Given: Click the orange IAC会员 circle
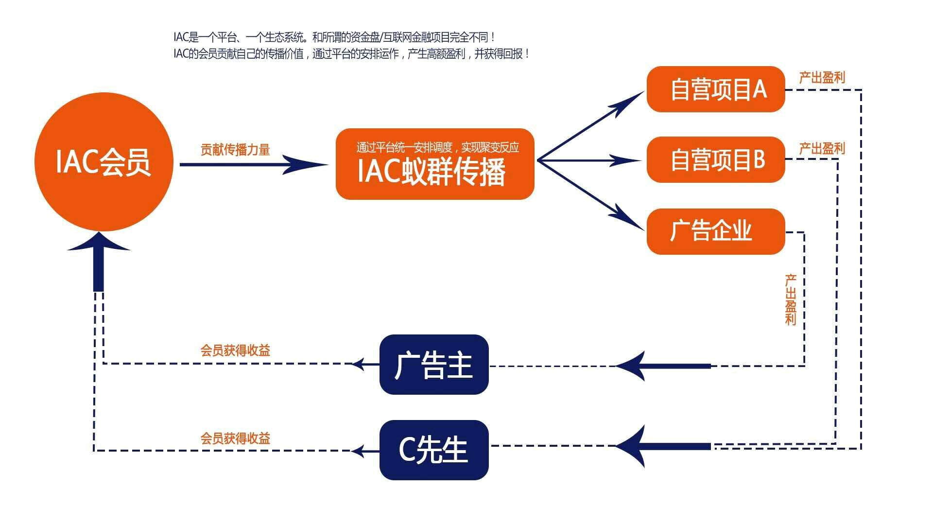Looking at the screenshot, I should (x=104, y=161).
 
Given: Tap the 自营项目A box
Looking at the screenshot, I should (x=716, y=89).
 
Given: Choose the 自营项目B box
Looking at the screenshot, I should (x=716, y=160).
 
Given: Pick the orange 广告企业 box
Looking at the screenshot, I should (x=716, y=231).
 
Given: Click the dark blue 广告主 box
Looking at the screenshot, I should (x=433, y=365).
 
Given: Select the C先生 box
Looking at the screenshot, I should (x=433, y=450).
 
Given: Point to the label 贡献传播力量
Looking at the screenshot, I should (x=235, y=150).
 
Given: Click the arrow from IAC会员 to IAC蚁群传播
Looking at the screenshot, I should (x=253, y=164).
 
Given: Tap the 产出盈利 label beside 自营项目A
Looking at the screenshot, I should (x=822, y=78).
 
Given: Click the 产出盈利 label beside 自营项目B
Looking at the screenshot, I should (x=822, y=148).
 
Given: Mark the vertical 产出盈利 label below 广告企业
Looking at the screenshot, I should (x=791, y=299).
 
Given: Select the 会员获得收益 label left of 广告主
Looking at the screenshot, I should (x=235, y=350).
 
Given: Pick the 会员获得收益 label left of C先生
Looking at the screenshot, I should (x=235, y=438).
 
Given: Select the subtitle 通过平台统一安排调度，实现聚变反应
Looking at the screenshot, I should (x=437, y=147).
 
